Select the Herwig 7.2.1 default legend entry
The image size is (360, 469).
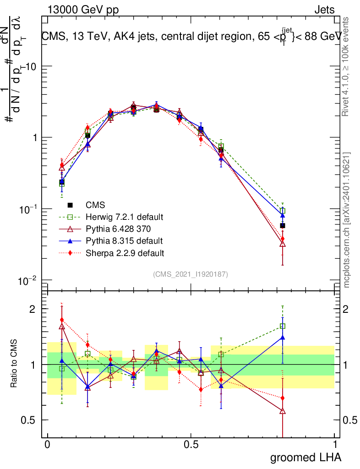pos(124,217)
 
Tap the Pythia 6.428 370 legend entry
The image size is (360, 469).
pos(118,229)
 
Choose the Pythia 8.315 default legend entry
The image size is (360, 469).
pos(124,240)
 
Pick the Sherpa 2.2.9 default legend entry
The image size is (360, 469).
pos(125,252)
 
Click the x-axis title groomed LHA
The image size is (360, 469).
pos(306,457)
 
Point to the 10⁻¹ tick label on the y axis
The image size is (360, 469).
pos(28,209)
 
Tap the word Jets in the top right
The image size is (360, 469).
pos(324,10)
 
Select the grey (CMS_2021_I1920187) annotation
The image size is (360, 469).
pos(191,274)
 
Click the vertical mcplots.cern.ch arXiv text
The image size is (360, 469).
pos(347,220)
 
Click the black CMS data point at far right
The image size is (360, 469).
pos(283,225)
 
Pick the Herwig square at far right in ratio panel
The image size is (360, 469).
pos(283,326)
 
